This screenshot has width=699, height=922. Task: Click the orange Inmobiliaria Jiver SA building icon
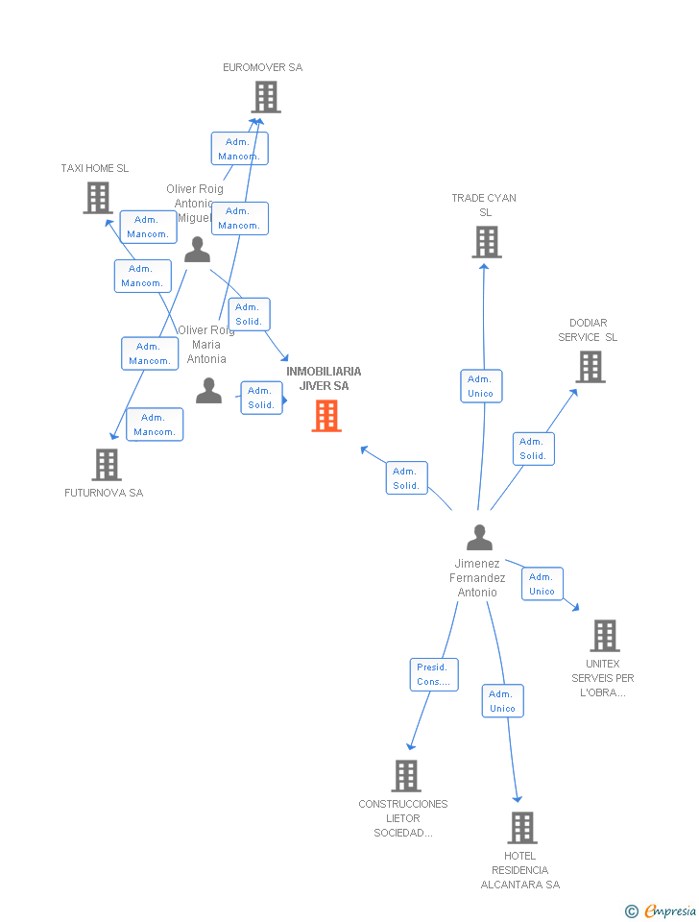coord(326,416)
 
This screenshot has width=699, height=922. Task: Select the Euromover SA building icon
coord(266,97)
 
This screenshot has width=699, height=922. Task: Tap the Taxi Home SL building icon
coord(98,198)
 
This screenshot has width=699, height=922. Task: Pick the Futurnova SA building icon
coord(107,465)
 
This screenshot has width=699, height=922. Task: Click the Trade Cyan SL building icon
coord(487,242)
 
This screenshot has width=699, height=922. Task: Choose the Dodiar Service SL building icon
coord(591,367)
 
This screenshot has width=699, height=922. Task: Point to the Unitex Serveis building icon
coord(605,636)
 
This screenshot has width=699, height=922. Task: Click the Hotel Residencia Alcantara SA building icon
coord(521,827)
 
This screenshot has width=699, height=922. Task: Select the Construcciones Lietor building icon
coord(406,776)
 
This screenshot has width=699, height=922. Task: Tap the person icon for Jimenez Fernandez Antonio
coord(479,538)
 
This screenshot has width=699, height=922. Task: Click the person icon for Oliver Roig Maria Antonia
coord(208,391)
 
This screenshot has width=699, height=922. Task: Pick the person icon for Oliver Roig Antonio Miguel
coord(197,251)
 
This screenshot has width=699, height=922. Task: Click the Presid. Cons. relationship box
coord(434,674)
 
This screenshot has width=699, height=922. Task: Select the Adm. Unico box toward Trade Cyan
coord(480,386)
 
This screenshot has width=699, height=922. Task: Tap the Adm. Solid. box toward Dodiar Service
coord(532,449)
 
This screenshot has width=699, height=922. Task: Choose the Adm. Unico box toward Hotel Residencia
coord(502,701)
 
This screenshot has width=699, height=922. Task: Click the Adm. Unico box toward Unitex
coord(542,584)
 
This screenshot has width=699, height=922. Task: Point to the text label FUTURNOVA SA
coord(104,493)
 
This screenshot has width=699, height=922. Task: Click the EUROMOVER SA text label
coord(262,67)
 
